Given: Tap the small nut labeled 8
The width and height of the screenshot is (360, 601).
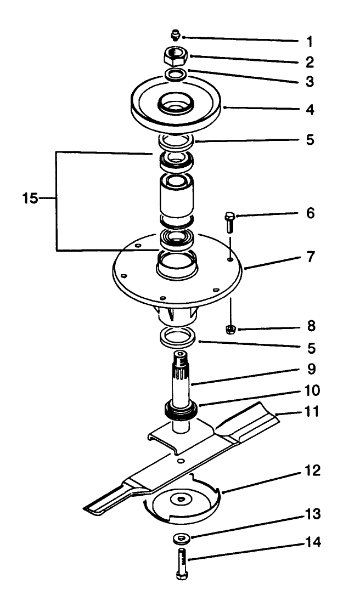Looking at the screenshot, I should pyautogui.click(x=231, y=329).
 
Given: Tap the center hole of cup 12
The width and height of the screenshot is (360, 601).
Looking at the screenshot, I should pyautogui.click(x=179, y=500).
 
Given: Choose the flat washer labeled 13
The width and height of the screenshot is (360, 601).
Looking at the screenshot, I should pyautogui.click(x=179, y=538).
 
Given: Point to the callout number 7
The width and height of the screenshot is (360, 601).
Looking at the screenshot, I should pyautogui.click(x=311, y=257).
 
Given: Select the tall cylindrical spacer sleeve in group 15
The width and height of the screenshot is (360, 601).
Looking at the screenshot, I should pyautogui.click(x=175, y=197).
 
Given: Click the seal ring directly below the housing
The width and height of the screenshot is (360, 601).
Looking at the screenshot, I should pyautogui.click(x=179, y=337).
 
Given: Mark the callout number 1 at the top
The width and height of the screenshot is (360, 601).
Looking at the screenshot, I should pyautogui.click(x=310, y=41).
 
